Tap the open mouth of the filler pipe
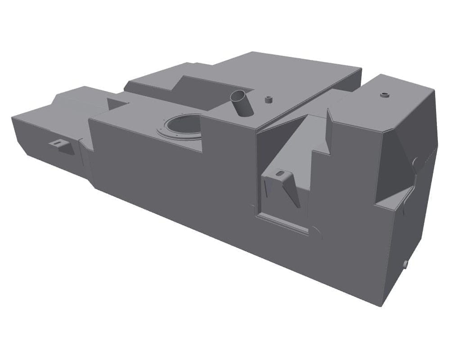tap(239, 96)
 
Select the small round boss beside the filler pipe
tap(269, 99)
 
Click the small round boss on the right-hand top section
tap(384, 95)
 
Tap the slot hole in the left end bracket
tap(57, 143)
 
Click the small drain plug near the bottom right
tap(405, 263)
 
